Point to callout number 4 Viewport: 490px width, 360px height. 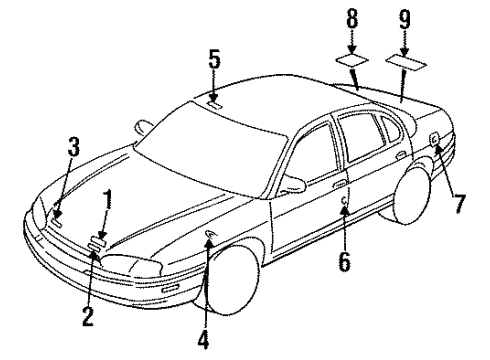204,340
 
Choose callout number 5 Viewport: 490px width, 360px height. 214,58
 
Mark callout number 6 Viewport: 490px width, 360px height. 345,263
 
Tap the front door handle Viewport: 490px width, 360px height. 341,184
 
